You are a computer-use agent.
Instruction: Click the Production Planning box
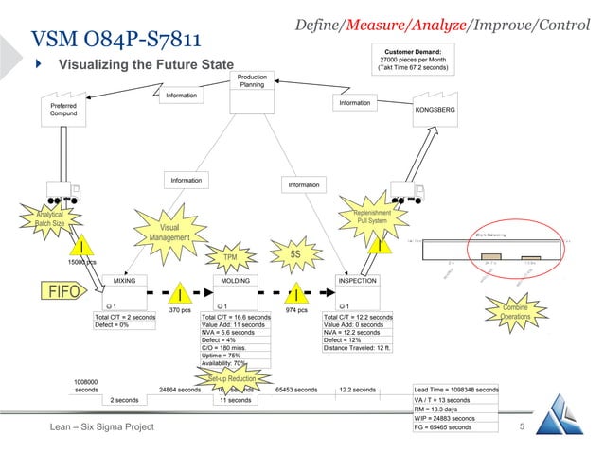click(x=252, y=80)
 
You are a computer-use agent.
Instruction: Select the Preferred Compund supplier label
click(x=64, y=110)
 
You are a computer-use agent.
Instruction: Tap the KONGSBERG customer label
click(x=435, y=111)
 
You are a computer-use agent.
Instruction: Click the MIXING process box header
click(x=125, y=281)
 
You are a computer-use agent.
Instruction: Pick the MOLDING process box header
click(x=235, y=281)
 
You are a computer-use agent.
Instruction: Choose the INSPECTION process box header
click(x=358, y=281)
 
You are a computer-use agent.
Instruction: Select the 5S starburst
click(x=294, y=252)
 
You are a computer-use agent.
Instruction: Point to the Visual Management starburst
click(x=169, y=233)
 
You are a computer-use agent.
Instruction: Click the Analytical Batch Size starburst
click(x=44, y=217)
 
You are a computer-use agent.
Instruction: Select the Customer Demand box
click(x=413, y=59)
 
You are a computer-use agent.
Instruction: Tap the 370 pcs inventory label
click(x=180, y=309)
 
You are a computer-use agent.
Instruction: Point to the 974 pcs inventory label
click(x=296, y=309)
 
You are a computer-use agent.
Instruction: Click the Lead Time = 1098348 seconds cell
click(x=456, y=389)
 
